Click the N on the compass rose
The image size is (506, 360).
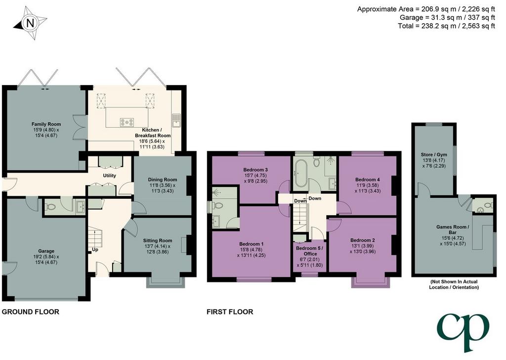[30, 23]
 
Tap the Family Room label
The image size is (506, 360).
[46, 124]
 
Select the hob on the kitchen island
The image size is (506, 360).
[127, 122]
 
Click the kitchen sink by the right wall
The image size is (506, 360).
[176, 120]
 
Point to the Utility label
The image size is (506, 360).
[109, 176]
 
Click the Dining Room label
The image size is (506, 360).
[162, 180]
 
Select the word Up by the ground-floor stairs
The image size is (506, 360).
[95, 250]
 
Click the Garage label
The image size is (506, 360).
[46, 251]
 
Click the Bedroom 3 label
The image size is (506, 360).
[255, 170]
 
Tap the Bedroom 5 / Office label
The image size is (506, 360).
[309, 251]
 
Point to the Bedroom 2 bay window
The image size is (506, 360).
[371, 282]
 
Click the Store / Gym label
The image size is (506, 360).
[434, 155]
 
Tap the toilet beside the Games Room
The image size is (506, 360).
[488, 205]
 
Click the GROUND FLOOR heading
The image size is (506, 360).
[31, 312]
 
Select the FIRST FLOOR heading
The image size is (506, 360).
[230, 312]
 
